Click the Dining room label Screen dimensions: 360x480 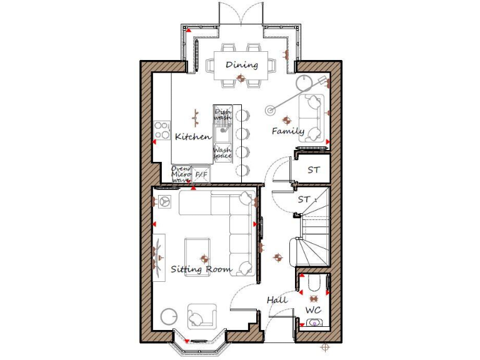[x=241, y=64]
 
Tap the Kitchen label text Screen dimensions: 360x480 [x=192, y=137]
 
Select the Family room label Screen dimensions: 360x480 [x=287, y=131]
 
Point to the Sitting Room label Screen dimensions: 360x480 [x=201, y=269]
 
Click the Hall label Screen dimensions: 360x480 [x=277, y=300]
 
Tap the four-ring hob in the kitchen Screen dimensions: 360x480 [x=162, y=129]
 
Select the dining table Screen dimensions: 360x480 [x=241, y=64]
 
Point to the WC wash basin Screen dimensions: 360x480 [x=314, y=323]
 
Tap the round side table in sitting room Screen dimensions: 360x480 [x=168, y=316]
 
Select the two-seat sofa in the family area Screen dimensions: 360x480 [x=311, y=117]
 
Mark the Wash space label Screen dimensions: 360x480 [x=222, y=152]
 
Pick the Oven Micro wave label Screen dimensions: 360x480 [x=181, y=174]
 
